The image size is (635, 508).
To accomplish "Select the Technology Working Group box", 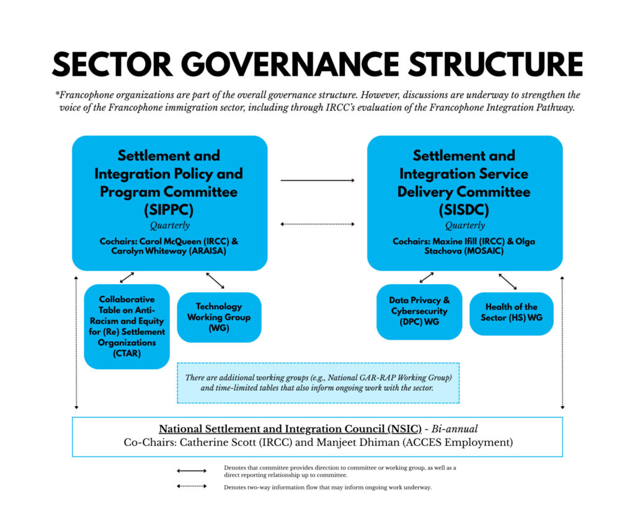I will [219, 317].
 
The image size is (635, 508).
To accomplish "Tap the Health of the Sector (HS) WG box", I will [511, 312].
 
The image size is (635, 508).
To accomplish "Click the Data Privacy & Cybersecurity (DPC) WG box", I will [419, 311].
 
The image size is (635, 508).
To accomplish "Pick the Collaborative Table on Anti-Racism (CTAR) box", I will [127, 326].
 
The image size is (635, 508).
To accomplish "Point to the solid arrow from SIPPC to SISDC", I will [317, 180].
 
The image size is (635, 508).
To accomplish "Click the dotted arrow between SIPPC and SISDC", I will [317, 224].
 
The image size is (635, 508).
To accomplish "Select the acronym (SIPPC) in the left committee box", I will [169, 210].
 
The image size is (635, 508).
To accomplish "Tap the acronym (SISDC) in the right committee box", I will [464, 210].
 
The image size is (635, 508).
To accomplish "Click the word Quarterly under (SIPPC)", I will [169, 226].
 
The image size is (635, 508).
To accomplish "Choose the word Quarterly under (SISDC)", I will [464, 226].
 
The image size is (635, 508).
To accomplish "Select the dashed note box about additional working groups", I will [317, 383].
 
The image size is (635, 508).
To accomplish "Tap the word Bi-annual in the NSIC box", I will [454, 429].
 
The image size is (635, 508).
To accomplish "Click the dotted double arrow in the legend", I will [192, 486].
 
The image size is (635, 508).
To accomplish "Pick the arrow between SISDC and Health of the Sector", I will [507, 281].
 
